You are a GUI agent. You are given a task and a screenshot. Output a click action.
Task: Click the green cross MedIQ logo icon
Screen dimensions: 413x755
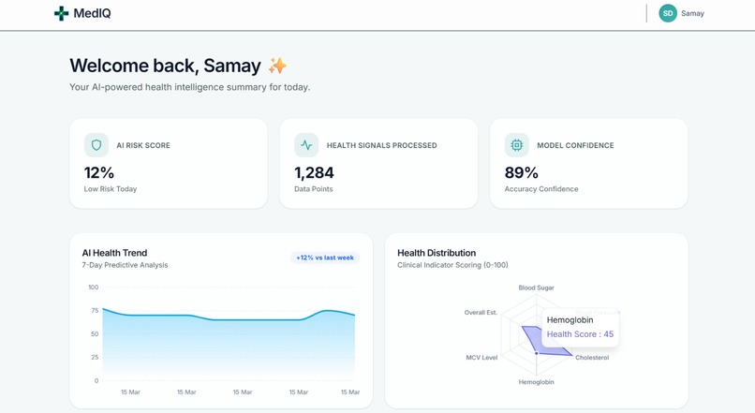click(x=61, y=13)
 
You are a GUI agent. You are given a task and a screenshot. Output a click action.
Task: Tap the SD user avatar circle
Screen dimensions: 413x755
click(x=668, y=13)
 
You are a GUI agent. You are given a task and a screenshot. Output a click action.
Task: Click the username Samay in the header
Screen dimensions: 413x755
click(x=692, y=14)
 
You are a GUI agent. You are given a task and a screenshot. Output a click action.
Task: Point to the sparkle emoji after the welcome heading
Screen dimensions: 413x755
click(x=277, y=66)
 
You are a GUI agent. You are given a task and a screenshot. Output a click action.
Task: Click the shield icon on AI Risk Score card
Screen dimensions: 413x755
click(x=96, y=145)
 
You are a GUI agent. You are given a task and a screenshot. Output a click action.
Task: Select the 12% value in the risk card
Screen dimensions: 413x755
click(x=99, y=172)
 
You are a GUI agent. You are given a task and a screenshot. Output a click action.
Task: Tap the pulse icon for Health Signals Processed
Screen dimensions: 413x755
click(x=306, y=145)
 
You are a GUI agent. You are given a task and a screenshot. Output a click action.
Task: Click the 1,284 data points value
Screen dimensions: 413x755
click(x=314, y=172)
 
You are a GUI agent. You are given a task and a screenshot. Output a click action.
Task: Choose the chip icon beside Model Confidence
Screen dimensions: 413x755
click(x=516, y=145)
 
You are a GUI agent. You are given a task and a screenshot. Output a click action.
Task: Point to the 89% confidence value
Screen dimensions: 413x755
click(x=521, y=172)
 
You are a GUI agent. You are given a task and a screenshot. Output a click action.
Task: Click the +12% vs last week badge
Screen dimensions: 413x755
click(x=325, y=258)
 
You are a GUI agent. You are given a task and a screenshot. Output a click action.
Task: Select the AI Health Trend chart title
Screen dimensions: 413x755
click(x=114, y=253)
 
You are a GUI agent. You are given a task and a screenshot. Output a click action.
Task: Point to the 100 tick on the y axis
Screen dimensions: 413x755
click(x=94, y=288)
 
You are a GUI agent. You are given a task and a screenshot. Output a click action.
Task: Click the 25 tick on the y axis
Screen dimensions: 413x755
click(x=95, y=358)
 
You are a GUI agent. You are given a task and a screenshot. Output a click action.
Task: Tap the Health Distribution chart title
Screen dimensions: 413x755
click(x=437, y=253)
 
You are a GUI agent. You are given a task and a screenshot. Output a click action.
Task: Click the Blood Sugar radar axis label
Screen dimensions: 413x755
click(x=537, y=288)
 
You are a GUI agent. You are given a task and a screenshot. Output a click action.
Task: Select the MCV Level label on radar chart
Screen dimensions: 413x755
click(x=481, y=358)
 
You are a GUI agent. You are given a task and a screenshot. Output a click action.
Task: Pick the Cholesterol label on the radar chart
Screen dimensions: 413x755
click(x=592, y=358)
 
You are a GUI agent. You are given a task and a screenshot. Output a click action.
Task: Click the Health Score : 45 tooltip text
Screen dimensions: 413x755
click(x=580, y=334)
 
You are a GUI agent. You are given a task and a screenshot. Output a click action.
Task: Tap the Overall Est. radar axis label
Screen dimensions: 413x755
click(x=481, y=313)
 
